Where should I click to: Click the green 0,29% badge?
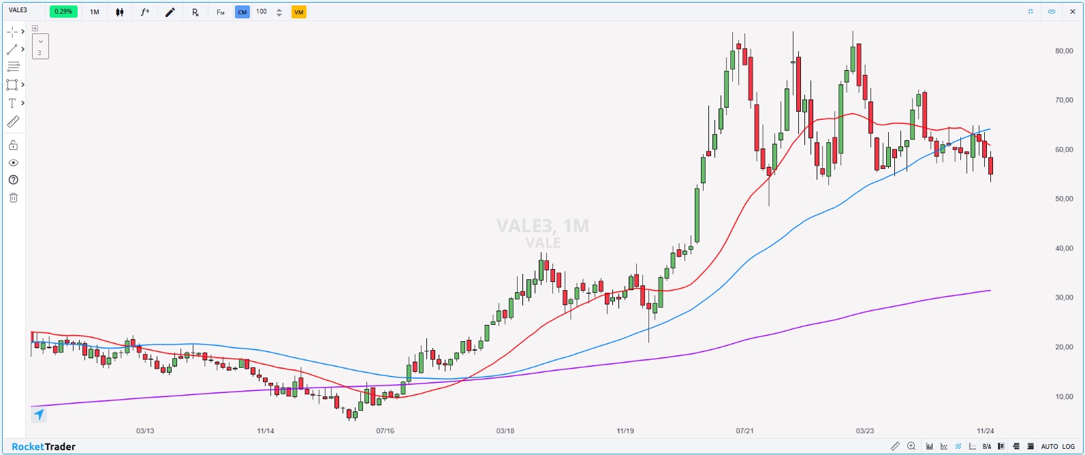(x=63, y=12)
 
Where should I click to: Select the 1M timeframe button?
(x=95, y=12)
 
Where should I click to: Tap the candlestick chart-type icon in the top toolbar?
(x=120, y=12)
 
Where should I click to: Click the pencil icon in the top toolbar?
(x=170, y=12)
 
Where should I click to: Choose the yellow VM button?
(x=298, y=12)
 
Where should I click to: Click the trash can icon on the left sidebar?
(x=13, y=198)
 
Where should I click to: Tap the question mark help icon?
(x=13, y=180)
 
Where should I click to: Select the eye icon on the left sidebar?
(x=13, y=163)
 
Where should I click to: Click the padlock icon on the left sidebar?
(x=13, y=145)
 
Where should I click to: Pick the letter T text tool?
(x=12, y=103)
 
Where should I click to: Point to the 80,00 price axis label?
(x=1064, y=51)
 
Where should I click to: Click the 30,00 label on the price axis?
(x=1064, y=298)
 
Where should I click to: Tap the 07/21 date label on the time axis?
(x=744, y=431)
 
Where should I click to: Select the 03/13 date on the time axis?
(x=145, y=431)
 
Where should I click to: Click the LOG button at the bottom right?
(x=1067, y=447)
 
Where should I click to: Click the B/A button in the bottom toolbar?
(x=987, y=447)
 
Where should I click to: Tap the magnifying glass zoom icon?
(x=911, y=446)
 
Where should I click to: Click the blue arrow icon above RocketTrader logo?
(x=39, y=414)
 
